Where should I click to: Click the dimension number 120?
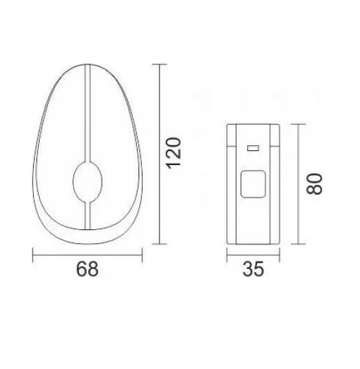pos(174,153)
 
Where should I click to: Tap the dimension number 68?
pos(88,269)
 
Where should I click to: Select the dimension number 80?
pos(314,184)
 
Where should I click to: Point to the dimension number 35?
pos(253,269)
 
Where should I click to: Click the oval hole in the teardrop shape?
pos(88,182)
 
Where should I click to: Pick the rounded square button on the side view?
pos(253,183)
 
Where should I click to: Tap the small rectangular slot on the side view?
pos(253,148)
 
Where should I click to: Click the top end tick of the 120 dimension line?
pos(160,64)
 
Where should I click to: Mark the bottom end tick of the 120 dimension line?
pos(160,244)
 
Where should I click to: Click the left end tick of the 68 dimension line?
pos(32,255)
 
